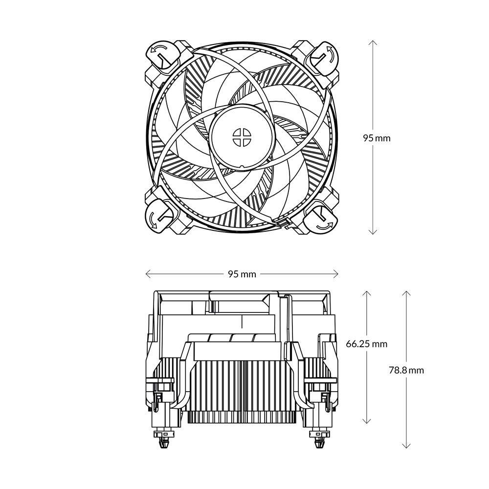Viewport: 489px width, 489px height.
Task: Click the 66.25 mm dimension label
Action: tap(366, 344)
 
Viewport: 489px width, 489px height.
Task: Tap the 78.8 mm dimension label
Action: tap(406, 370)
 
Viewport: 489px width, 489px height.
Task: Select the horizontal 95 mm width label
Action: tap(242, 274)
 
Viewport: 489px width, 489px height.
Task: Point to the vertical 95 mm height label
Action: tap(377, 138)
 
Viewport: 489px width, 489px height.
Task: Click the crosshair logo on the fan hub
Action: tap(241, 137)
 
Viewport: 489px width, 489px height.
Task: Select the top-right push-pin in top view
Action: tap(322, 56)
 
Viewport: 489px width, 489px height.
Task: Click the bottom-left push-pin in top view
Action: tap(160, 216)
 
